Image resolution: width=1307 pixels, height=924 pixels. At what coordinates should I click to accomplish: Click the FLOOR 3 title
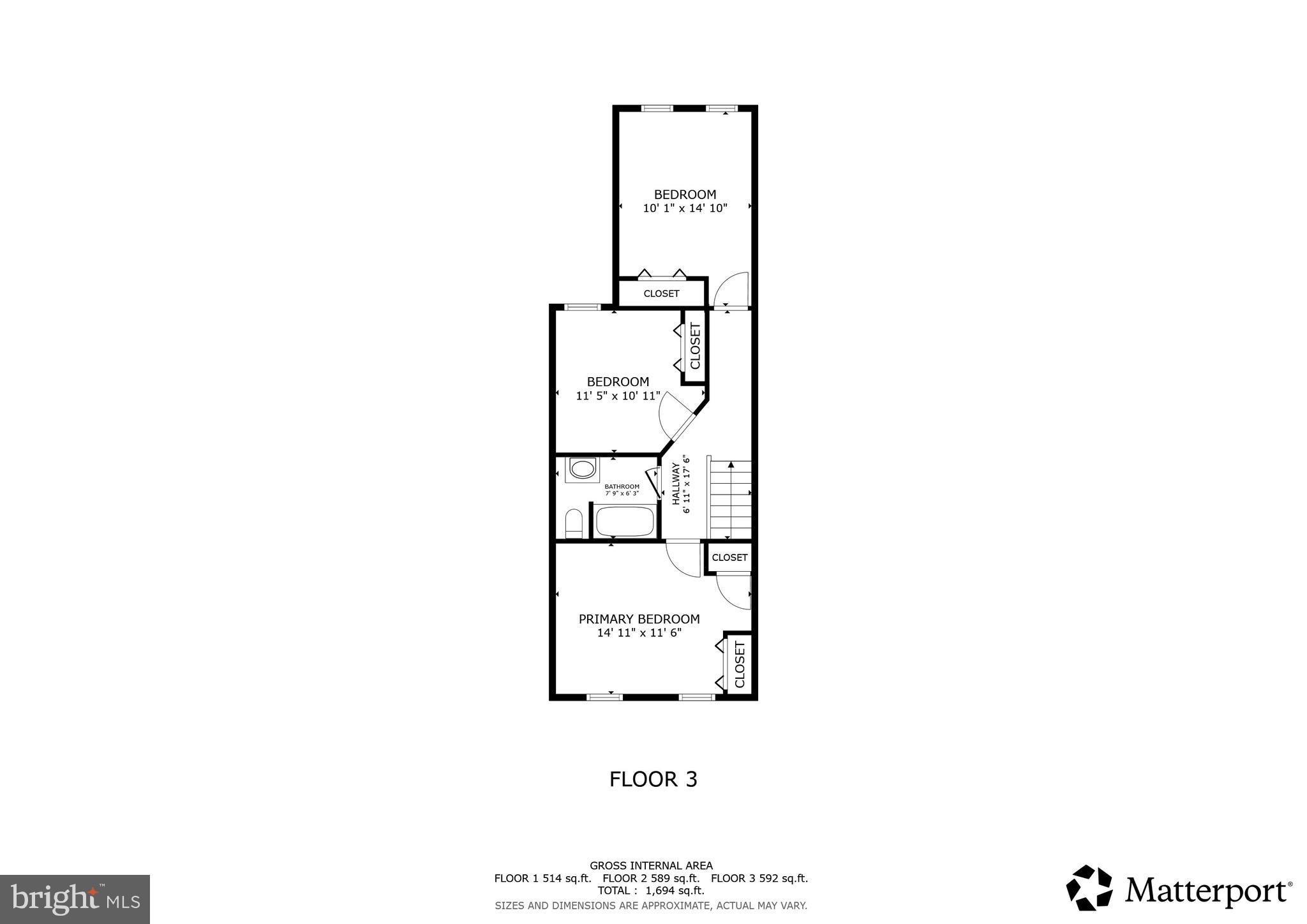653,779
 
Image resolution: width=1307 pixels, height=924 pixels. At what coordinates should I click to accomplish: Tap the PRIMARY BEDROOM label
639,619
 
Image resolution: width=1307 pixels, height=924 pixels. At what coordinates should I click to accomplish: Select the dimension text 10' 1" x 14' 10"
685,208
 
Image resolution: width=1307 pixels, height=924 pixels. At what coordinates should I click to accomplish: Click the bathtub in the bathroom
625,521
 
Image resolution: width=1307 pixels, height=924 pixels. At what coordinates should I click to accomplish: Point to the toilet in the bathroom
574,524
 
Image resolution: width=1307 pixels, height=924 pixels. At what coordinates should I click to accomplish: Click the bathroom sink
582,470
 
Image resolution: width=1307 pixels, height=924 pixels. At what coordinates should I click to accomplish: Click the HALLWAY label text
676,484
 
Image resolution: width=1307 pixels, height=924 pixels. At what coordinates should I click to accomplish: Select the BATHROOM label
622,486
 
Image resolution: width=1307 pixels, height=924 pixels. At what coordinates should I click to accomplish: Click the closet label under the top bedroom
661,294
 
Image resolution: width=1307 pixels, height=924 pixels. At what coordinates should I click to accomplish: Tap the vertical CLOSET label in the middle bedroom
695,346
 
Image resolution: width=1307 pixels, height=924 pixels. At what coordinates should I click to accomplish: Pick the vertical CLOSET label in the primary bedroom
740,664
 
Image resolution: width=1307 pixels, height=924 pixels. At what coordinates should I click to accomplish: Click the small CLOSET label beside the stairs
729,557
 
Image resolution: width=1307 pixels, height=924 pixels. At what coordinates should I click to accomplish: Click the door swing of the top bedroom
732,290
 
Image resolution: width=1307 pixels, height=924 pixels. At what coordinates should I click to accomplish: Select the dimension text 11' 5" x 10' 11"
618,396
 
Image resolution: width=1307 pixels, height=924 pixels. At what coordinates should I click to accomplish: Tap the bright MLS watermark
75,900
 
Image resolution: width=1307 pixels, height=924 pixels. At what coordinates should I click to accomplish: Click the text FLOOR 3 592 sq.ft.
759,878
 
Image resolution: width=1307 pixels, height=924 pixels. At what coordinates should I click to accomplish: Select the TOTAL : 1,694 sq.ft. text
651,890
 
